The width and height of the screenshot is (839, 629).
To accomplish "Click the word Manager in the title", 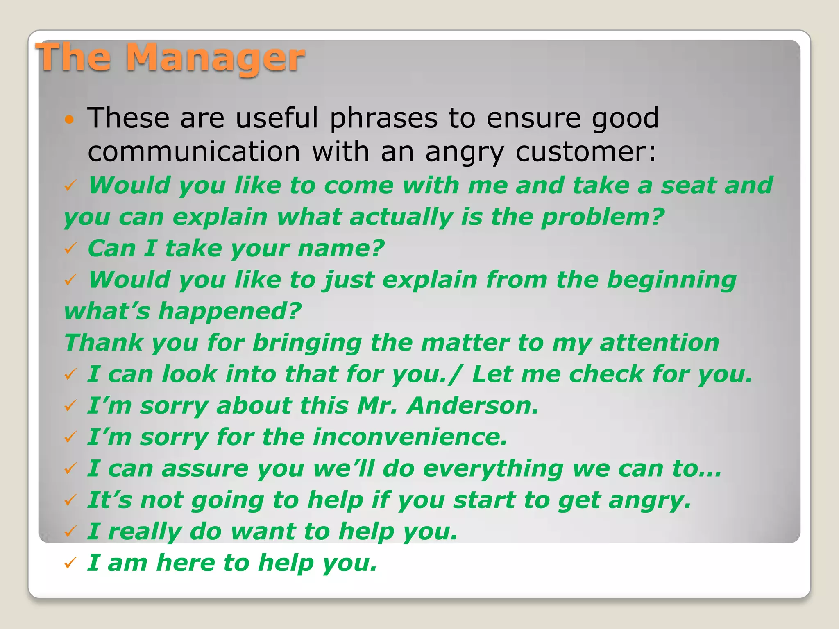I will coord(215,58).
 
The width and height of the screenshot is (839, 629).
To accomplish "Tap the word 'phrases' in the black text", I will coord(384,119).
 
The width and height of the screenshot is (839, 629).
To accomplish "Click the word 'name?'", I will coord(341,249).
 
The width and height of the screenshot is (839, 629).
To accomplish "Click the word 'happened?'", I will coord(229,312).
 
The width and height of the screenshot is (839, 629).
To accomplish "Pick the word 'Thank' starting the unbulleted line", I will coord(104,343).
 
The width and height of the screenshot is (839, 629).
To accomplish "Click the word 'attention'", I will coord(659,343).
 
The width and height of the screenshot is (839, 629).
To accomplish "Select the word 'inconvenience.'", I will coord(410,437).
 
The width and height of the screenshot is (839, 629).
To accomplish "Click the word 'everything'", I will coord(493,469).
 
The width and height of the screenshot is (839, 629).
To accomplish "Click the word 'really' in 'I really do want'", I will coord(145,532).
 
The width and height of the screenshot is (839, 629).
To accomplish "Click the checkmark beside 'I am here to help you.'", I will coord(70,563).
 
